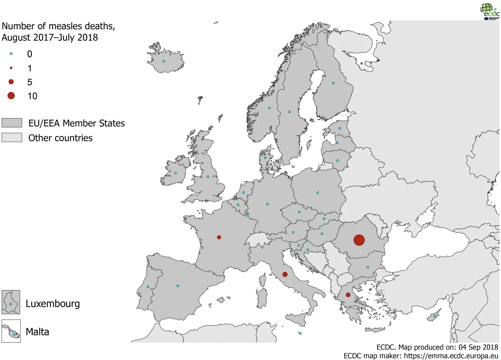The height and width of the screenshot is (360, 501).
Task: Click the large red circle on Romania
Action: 359,240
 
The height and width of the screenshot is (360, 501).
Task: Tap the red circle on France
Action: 219,237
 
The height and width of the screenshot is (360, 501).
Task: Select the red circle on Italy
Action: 285,274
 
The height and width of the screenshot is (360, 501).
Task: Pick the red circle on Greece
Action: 348,295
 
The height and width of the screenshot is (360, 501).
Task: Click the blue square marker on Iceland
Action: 164,61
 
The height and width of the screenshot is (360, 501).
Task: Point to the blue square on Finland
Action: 333,83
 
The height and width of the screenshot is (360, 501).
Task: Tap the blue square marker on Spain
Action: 178,286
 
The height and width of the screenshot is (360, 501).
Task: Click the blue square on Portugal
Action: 148,287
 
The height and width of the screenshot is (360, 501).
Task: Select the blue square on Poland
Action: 318,192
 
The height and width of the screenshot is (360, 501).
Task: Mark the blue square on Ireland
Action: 176,173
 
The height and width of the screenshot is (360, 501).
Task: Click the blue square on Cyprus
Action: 435,316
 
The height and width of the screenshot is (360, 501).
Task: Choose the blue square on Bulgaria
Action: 368,267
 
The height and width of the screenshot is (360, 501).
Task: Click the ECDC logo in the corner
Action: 489,11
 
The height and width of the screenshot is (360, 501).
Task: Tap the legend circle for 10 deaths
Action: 11,96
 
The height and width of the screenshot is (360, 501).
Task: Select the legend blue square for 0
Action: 11,54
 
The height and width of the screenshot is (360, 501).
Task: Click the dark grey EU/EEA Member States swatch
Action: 12,123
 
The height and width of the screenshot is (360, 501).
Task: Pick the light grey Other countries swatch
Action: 12,138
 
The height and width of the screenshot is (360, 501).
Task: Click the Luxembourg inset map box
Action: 11,302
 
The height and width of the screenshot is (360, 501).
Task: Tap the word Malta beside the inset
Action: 37,332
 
